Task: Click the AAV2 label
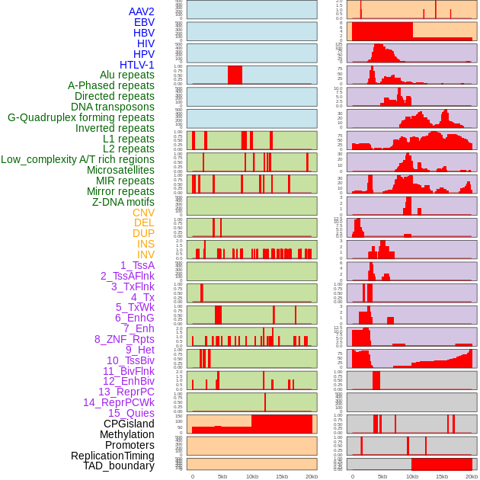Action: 141,11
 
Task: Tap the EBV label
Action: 144,22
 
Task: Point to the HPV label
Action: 143,54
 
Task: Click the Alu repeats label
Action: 126,75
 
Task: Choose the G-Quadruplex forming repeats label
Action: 81,117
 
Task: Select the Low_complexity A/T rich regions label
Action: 78,159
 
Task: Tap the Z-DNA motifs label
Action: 123,202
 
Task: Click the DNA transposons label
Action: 113,107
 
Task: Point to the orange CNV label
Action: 143,213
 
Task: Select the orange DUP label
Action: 143,233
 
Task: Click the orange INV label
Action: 146,254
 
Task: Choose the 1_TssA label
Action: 137,265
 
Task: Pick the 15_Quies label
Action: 131,413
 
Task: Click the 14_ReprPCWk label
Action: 118,402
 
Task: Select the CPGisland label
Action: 129,424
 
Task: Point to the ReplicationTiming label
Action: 113,456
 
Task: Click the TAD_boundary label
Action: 118,466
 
